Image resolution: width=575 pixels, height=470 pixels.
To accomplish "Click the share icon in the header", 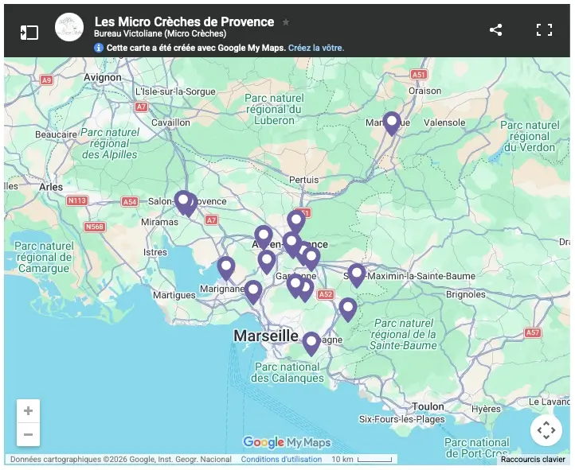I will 495,30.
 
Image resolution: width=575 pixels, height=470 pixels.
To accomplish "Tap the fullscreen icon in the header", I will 544,30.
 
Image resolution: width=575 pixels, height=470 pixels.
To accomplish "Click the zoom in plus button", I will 28,411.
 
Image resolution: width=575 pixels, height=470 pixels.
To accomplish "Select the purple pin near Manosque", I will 391,122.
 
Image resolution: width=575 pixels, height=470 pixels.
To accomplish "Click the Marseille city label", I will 266,336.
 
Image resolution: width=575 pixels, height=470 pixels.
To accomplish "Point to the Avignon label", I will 102,77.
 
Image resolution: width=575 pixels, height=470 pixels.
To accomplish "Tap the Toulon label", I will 428,406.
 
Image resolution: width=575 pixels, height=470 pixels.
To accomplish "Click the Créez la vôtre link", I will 316,48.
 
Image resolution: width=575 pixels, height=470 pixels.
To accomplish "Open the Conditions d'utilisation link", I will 281,460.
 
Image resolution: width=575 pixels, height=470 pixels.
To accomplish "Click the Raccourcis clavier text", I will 533,460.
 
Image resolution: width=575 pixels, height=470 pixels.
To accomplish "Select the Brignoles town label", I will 466,294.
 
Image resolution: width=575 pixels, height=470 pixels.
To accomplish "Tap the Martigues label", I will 174,295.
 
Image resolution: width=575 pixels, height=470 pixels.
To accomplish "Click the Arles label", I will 50,187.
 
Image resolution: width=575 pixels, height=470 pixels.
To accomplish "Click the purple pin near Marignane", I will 226,267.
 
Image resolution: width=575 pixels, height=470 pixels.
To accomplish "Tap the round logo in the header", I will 69,27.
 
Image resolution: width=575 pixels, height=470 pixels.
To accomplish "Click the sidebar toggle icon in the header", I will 29,32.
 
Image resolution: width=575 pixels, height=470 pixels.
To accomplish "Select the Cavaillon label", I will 171,123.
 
